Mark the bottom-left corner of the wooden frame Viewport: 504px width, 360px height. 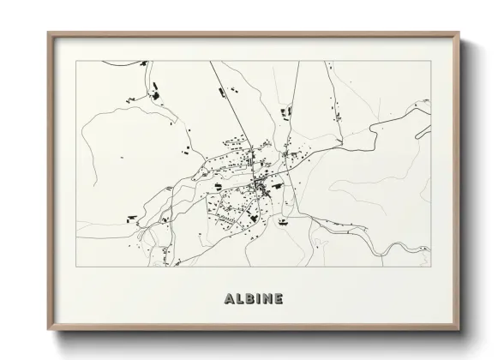tap(48, 329)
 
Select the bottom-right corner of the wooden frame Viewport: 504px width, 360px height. tap(460, 329)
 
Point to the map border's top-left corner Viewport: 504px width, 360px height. tap(77, 61)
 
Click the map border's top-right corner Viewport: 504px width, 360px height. tap(431, 61)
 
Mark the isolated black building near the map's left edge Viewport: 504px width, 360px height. tap(123, 159)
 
